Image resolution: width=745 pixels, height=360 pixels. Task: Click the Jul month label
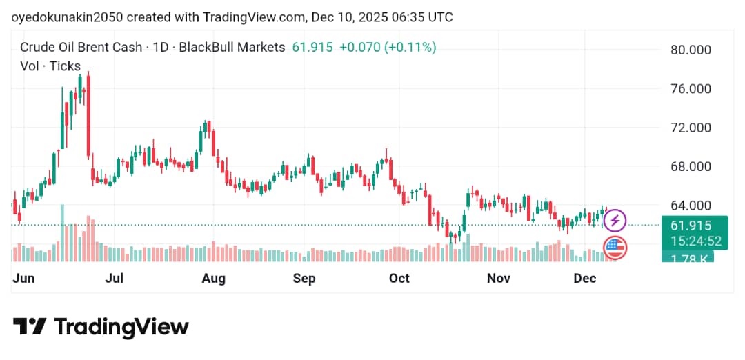[115, 279]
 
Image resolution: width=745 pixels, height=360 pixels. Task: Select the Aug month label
[214, 279]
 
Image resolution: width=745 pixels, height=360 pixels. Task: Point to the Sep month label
[304, 279]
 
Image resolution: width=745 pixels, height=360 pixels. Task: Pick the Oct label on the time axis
[399, 279]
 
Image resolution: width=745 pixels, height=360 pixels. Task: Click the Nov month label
[498, 279]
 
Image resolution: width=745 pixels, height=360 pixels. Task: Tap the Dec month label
[585, 279]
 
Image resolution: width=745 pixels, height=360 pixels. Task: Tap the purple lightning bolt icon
[615, 221]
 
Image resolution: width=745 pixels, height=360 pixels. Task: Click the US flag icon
[614, 247]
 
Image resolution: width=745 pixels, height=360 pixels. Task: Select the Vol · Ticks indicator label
[50, 67]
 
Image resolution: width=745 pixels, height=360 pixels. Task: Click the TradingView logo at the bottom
[101, 327]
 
